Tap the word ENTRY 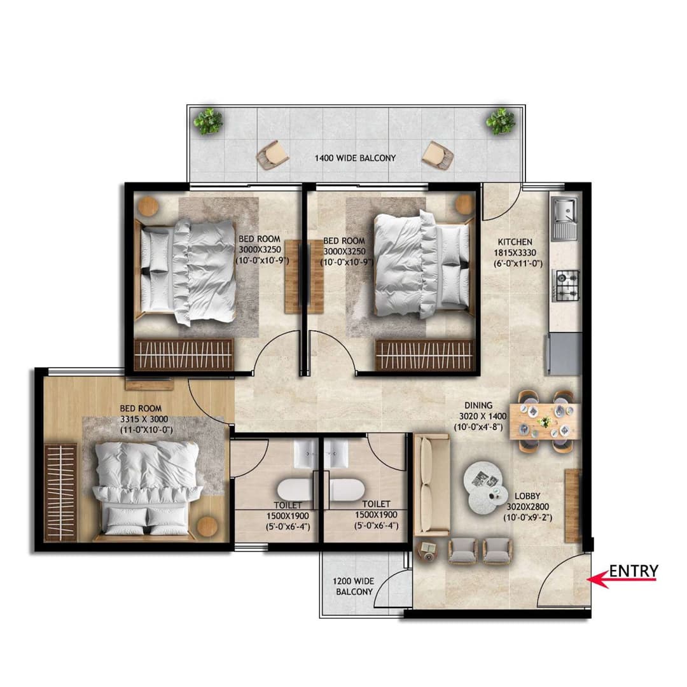click(x=634, y=571)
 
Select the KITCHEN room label click(x=515, y=242)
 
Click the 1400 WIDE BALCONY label click(x=355, y=158)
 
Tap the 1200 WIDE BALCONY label click(x=355, y=586)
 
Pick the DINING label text click(x=478, y=405)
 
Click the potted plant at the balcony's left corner click(x=208, y=121)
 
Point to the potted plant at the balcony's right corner click(x=501, y=120)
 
